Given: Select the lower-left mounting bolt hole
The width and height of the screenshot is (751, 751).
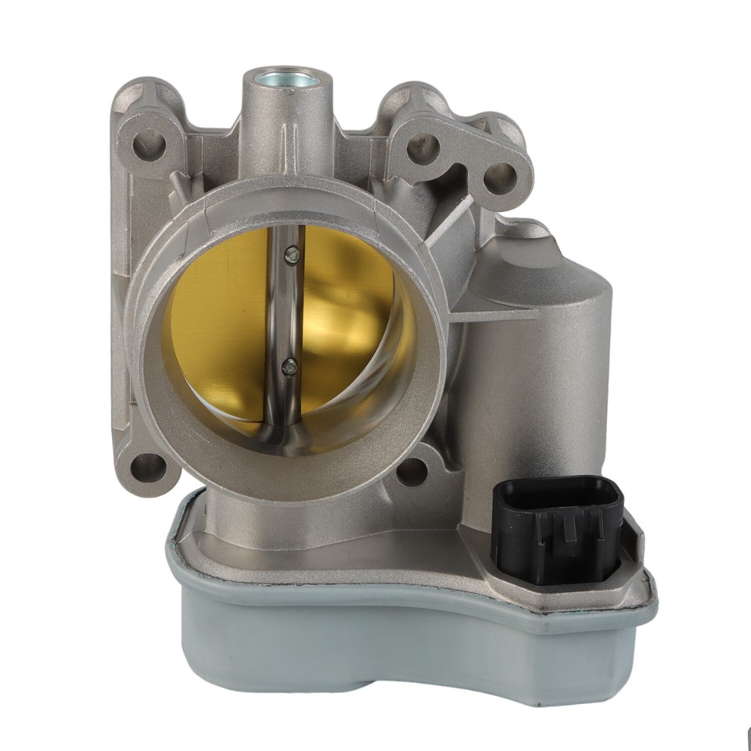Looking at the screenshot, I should click(x=148, y=469).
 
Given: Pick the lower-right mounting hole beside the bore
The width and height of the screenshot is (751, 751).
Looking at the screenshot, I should click(x=411, y=472).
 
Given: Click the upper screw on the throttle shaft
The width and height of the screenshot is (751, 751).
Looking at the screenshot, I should click(x=292, y=252).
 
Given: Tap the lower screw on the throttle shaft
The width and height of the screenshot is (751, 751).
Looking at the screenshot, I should click(x=290, y=365).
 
